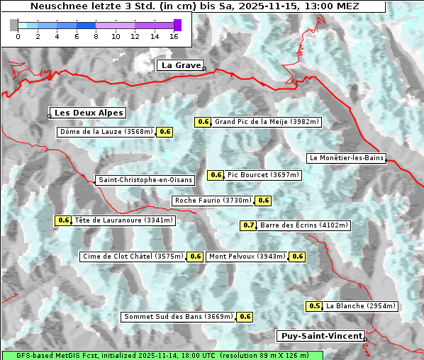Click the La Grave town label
tap(181, 65)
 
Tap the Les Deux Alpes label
tap(89, 113)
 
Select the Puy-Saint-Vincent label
tap(321, 336)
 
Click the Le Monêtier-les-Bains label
tap(346, 158)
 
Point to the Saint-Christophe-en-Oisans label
tap(145, 180)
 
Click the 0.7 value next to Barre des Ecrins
tap(249, 225)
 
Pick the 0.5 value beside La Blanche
tap(315, 306)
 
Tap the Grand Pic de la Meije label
tap(267, 122)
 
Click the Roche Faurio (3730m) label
tap(213, 201)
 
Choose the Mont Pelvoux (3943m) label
tap(247, 257)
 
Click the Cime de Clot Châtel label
tap(133, 257)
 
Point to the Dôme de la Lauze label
tap(106, 132)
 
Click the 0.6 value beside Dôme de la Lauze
tap(165, 132)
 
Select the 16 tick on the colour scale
tap(174, 36)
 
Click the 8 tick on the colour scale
tap(96, 36)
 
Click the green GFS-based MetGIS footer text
tap(161, 355)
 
